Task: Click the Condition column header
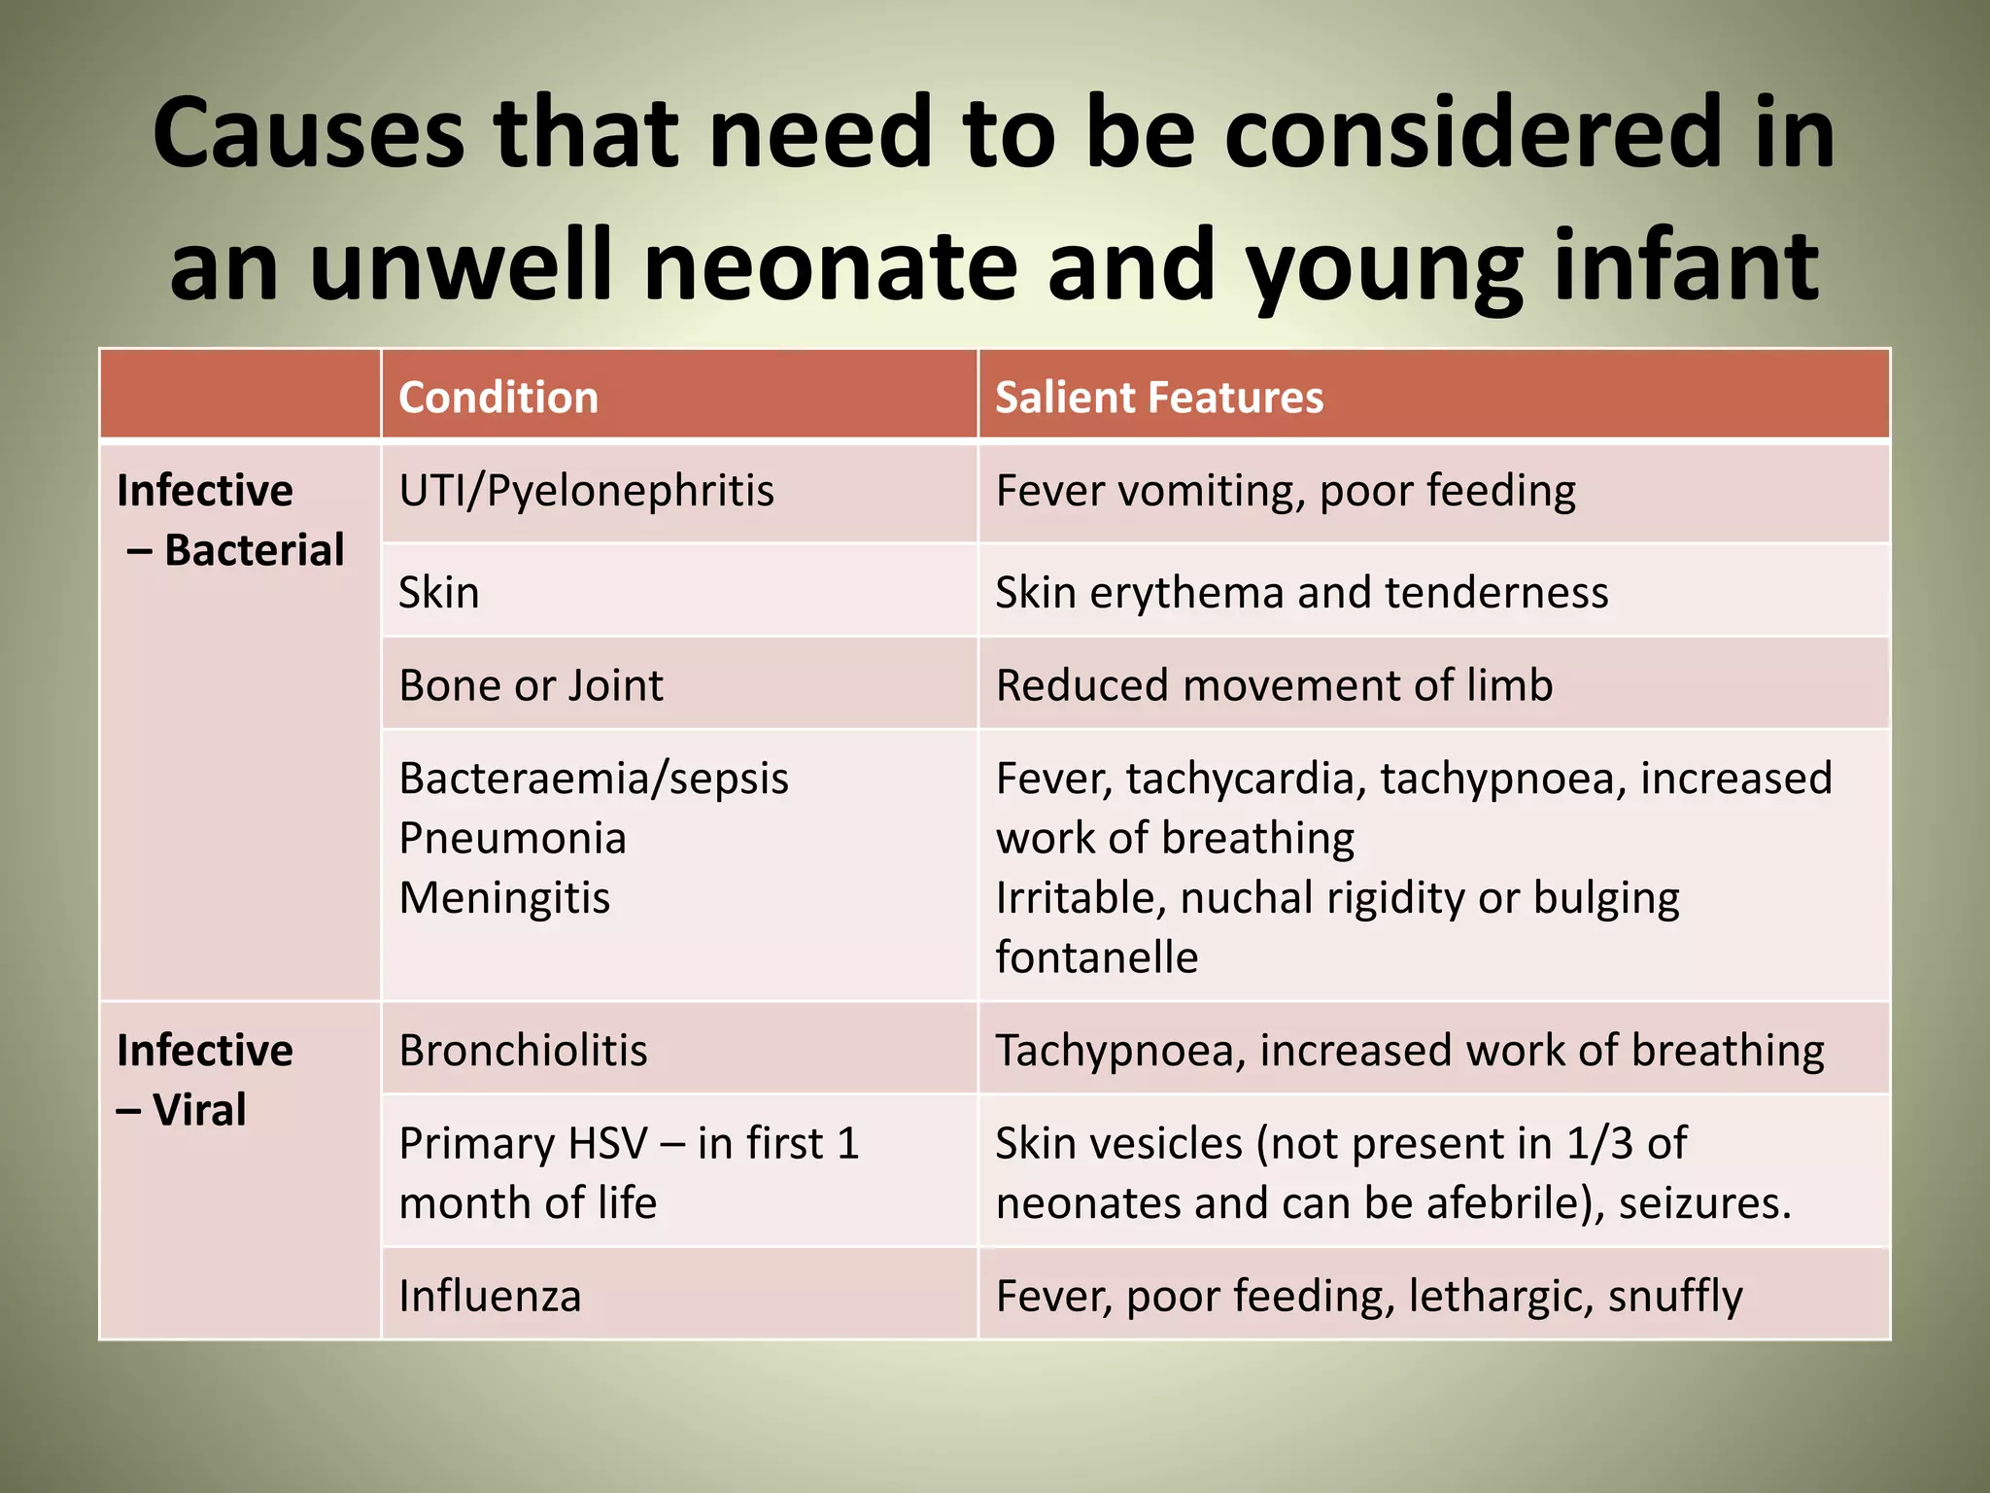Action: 498,398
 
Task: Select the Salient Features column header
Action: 1158,398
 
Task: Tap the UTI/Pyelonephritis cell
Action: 587,491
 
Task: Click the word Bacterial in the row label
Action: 254,550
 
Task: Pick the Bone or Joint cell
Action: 531,685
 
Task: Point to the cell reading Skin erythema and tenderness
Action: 1301,593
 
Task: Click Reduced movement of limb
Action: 1274,685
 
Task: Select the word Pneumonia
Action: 512,838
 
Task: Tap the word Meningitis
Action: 504,898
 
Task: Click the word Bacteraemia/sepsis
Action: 594,779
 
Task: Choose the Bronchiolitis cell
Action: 523,1051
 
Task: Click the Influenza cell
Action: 490,1297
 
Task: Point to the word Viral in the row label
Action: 199,1110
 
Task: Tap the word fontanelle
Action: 1096,957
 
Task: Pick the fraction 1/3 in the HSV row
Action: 1599,1144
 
